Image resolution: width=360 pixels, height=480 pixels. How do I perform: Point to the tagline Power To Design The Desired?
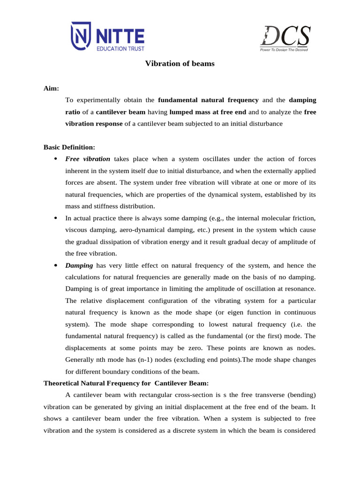point(284,49)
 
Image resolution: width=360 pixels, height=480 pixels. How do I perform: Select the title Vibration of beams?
point(180,63)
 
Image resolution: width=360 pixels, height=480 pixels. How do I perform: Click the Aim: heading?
point(51,88)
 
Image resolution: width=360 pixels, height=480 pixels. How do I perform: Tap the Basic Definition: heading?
point(69,147)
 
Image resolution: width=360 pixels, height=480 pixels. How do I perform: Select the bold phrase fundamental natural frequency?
point(209,100)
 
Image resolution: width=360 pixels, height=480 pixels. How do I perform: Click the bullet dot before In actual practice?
point(55,218)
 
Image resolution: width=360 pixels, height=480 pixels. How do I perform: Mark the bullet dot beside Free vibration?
point(55,159)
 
